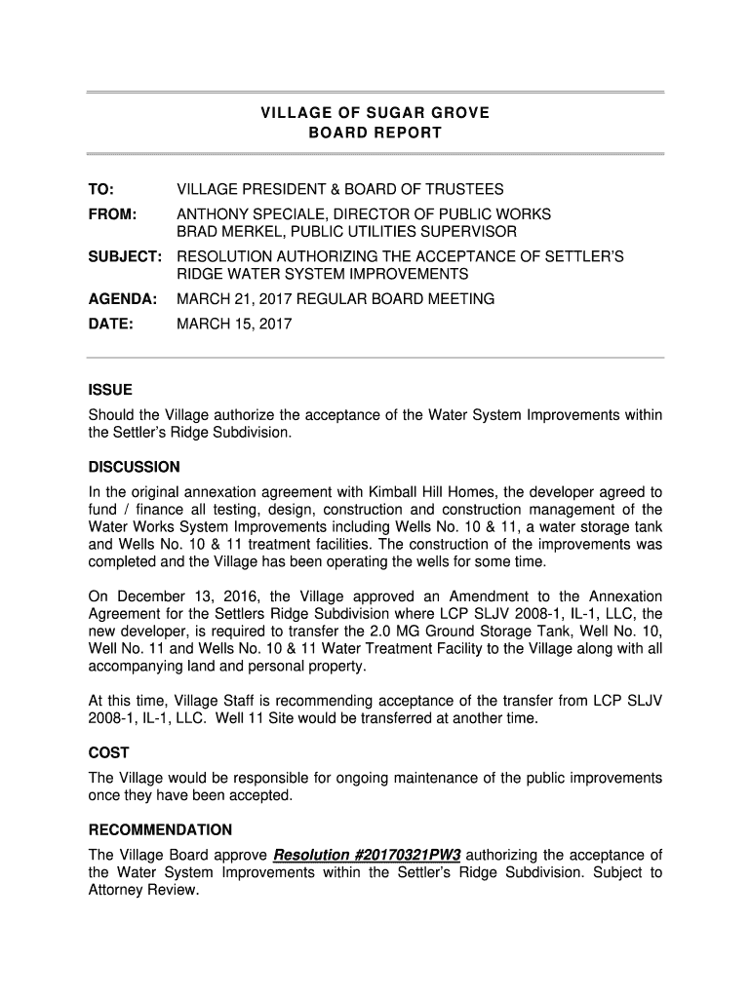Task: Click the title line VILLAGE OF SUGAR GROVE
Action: tap(375, 113)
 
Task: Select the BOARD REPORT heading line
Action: tap(375, 133)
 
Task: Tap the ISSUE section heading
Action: tap(110, 390)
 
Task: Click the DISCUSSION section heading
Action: tap(135, 467)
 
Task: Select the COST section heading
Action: tap(109, 753)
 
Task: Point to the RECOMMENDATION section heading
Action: tap(160, 830)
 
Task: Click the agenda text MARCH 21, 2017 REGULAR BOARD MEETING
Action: tap(335, 299)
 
